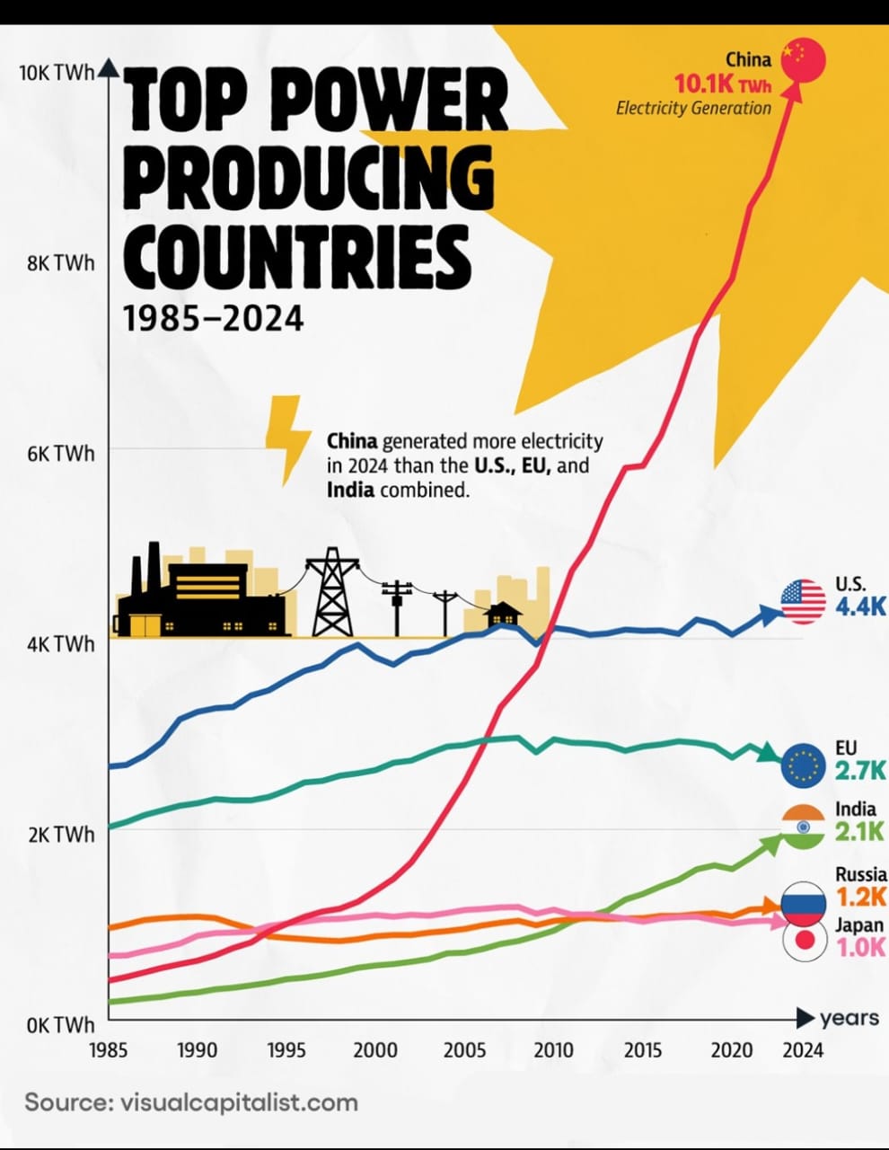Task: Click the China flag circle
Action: coord(803,60)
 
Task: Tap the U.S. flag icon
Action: coord(803,601)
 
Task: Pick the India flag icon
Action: coord(803,827)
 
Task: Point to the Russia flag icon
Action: coord(803,903)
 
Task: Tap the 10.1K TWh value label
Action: coord(722,84)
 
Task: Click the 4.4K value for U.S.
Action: coord(859,606)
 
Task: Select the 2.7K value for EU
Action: coord(859,770)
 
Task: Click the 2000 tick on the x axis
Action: coord(375,1049)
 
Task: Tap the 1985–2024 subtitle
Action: coord(213,318)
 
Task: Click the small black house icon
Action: coord(504,615)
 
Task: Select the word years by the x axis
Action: coord(849,1018)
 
